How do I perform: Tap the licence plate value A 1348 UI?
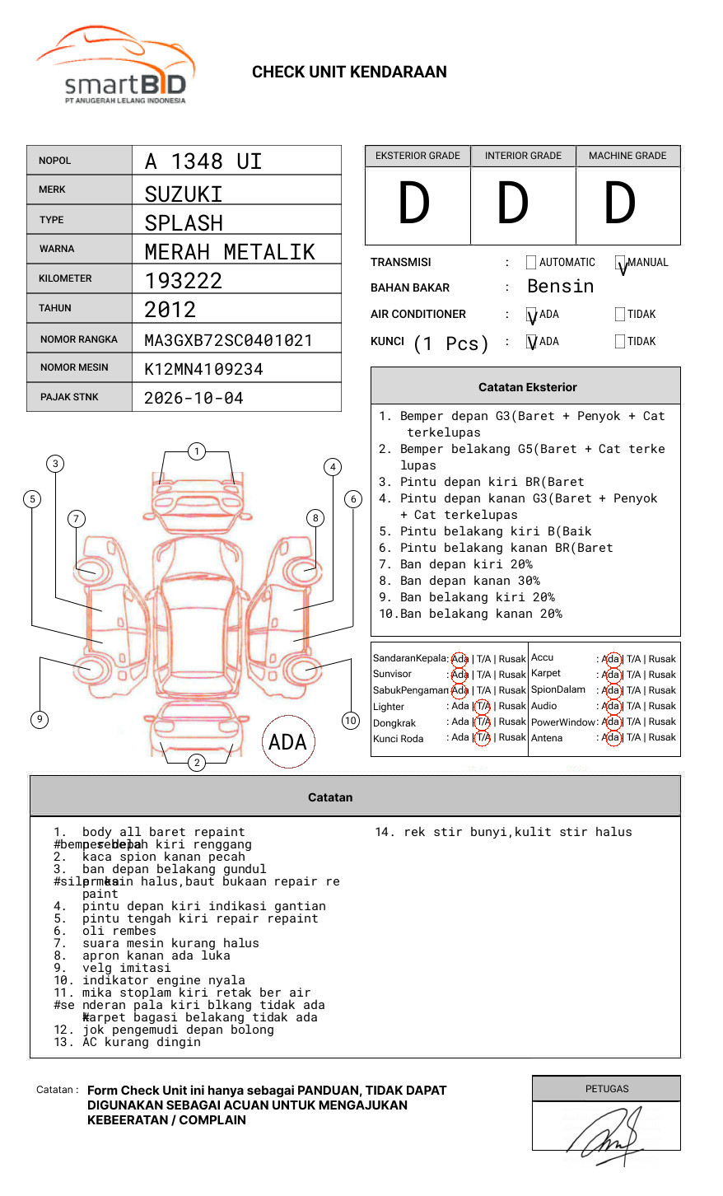click(203, 161)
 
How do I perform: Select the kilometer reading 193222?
click(184, 281)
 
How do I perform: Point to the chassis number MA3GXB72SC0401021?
click(228, 340)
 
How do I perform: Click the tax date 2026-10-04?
click(194, 399)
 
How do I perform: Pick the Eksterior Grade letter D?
click(414, 204)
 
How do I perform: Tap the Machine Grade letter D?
click(620, 204)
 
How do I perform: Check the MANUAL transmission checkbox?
click(621, 264)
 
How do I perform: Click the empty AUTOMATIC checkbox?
click(531, 263)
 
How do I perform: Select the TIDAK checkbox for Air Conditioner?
click(620, 315)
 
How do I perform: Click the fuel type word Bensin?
click(560, 287)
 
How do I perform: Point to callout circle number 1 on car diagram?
click(196, 451)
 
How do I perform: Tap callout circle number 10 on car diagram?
click(351, 721)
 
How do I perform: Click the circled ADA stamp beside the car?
click(287, 742)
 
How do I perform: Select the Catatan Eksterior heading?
click(527, 387)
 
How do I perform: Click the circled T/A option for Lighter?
click(483, 707)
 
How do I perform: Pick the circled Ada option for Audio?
click(611, 707)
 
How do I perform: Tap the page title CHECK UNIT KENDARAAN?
click(349, 72)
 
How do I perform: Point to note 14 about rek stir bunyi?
click(503, 833)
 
